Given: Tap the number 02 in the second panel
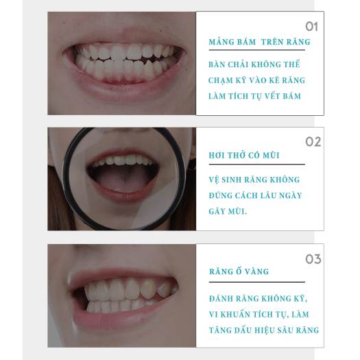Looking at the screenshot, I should click(313, 142).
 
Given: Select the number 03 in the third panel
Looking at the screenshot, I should click(313, 259).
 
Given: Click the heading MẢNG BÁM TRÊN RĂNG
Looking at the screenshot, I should click(259, 42).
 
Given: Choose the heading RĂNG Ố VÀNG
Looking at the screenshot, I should click(239, 272).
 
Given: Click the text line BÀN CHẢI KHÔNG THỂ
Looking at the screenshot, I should click(254, 64).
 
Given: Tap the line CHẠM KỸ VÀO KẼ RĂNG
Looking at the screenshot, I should click(257, 80).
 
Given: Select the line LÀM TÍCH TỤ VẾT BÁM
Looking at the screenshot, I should click(255, 96).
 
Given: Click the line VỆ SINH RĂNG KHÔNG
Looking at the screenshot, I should click(254, 180).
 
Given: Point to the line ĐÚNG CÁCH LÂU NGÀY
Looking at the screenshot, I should click(255, 195).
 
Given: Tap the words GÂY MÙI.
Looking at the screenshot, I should click(228, 211).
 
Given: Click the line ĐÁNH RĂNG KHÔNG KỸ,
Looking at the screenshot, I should click(259, 298).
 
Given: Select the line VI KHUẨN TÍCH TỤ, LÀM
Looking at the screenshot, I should click(259, 314).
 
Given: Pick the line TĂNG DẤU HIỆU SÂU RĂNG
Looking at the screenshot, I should click(264, 330).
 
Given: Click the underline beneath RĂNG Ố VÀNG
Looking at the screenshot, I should click(256, 282).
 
